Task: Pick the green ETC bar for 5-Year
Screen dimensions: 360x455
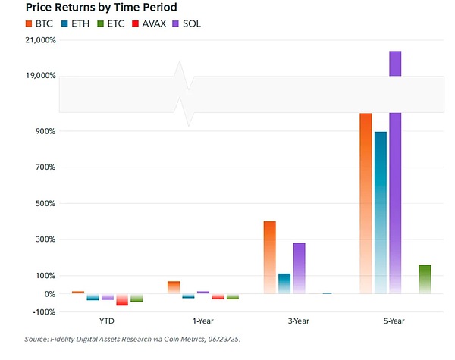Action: point(425,279)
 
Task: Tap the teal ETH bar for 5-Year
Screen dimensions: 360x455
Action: point(381,212)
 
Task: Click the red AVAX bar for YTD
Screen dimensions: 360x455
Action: point(122,299)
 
